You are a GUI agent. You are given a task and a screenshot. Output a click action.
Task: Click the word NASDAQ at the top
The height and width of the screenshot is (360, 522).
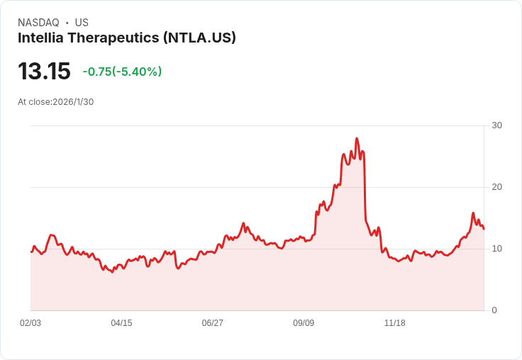click(38, 23)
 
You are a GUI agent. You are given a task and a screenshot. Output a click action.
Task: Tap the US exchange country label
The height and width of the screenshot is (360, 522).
click(82, 23)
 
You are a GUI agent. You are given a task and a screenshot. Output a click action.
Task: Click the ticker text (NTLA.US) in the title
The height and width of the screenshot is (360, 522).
click(199, 38)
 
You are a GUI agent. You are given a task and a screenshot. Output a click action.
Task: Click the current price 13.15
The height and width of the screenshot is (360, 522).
click(44, 72)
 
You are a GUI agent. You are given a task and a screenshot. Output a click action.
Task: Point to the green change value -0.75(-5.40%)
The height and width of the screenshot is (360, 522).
click(122, 72)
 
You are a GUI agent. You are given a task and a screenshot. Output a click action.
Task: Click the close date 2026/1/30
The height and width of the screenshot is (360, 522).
click(73, 101)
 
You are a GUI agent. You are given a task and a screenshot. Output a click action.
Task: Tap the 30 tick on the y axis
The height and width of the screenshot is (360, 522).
click(496, 125)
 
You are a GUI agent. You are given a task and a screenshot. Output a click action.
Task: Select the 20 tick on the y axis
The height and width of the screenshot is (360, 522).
click(496, 187)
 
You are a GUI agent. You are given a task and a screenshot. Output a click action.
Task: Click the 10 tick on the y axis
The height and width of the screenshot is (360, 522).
click(496, 249)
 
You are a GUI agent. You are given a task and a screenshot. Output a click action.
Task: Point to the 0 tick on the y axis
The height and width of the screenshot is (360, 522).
click(494, 310)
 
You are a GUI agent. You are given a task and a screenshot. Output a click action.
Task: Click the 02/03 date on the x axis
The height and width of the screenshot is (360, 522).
click(30, 323)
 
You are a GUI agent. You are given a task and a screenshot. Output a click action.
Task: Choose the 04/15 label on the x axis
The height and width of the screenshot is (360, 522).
click(121, 323)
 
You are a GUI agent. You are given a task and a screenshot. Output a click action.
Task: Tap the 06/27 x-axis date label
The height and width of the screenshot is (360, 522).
click(212, 323)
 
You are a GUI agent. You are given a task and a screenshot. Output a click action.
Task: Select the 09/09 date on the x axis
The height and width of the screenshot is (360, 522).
click(304, 323)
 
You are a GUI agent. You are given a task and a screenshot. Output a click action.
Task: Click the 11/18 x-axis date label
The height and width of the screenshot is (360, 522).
click(394, 323)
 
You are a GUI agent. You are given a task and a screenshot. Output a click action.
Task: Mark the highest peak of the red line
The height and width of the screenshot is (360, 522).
click(357, 138)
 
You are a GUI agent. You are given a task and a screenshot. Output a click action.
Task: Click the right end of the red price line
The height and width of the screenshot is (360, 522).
click(484, 229)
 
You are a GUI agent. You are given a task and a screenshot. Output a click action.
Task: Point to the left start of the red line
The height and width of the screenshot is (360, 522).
click(31, 252)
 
